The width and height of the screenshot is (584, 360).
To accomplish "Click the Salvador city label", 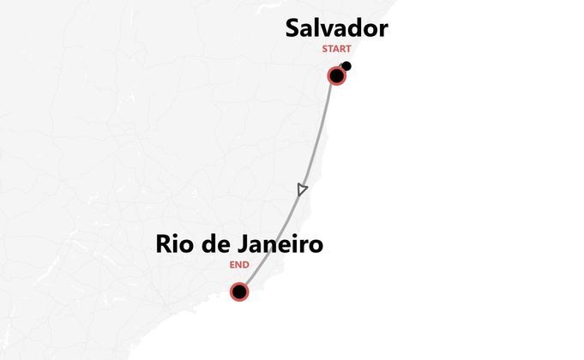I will (x=337, y=28).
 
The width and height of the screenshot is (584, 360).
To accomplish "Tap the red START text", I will (x=336, y=49).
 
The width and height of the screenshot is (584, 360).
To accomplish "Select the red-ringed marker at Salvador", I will (x=337, y=75).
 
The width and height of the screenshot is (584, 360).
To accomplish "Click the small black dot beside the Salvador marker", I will (x=346, y=66).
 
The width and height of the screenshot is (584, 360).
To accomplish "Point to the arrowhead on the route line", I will (x=301, y=189).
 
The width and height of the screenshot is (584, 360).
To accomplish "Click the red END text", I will (x=239, y=265).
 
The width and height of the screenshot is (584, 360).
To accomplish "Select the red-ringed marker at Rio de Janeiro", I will (x=239, y=292).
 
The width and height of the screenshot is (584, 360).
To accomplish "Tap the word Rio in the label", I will (x=176, y=244).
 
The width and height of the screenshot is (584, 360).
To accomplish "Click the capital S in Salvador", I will (x=293, y=28).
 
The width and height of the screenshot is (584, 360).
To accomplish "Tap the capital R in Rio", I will (x=164, y=244).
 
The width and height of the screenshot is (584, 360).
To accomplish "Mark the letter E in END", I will (x=232, y=265).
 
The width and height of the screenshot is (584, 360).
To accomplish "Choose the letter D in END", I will (x=246, y=265).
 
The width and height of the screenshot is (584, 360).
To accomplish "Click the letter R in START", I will (x=341, y=49).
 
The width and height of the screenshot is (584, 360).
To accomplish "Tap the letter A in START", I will (x=335, y=49).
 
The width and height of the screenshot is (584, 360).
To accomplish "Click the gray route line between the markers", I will (x=319, y=137).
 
